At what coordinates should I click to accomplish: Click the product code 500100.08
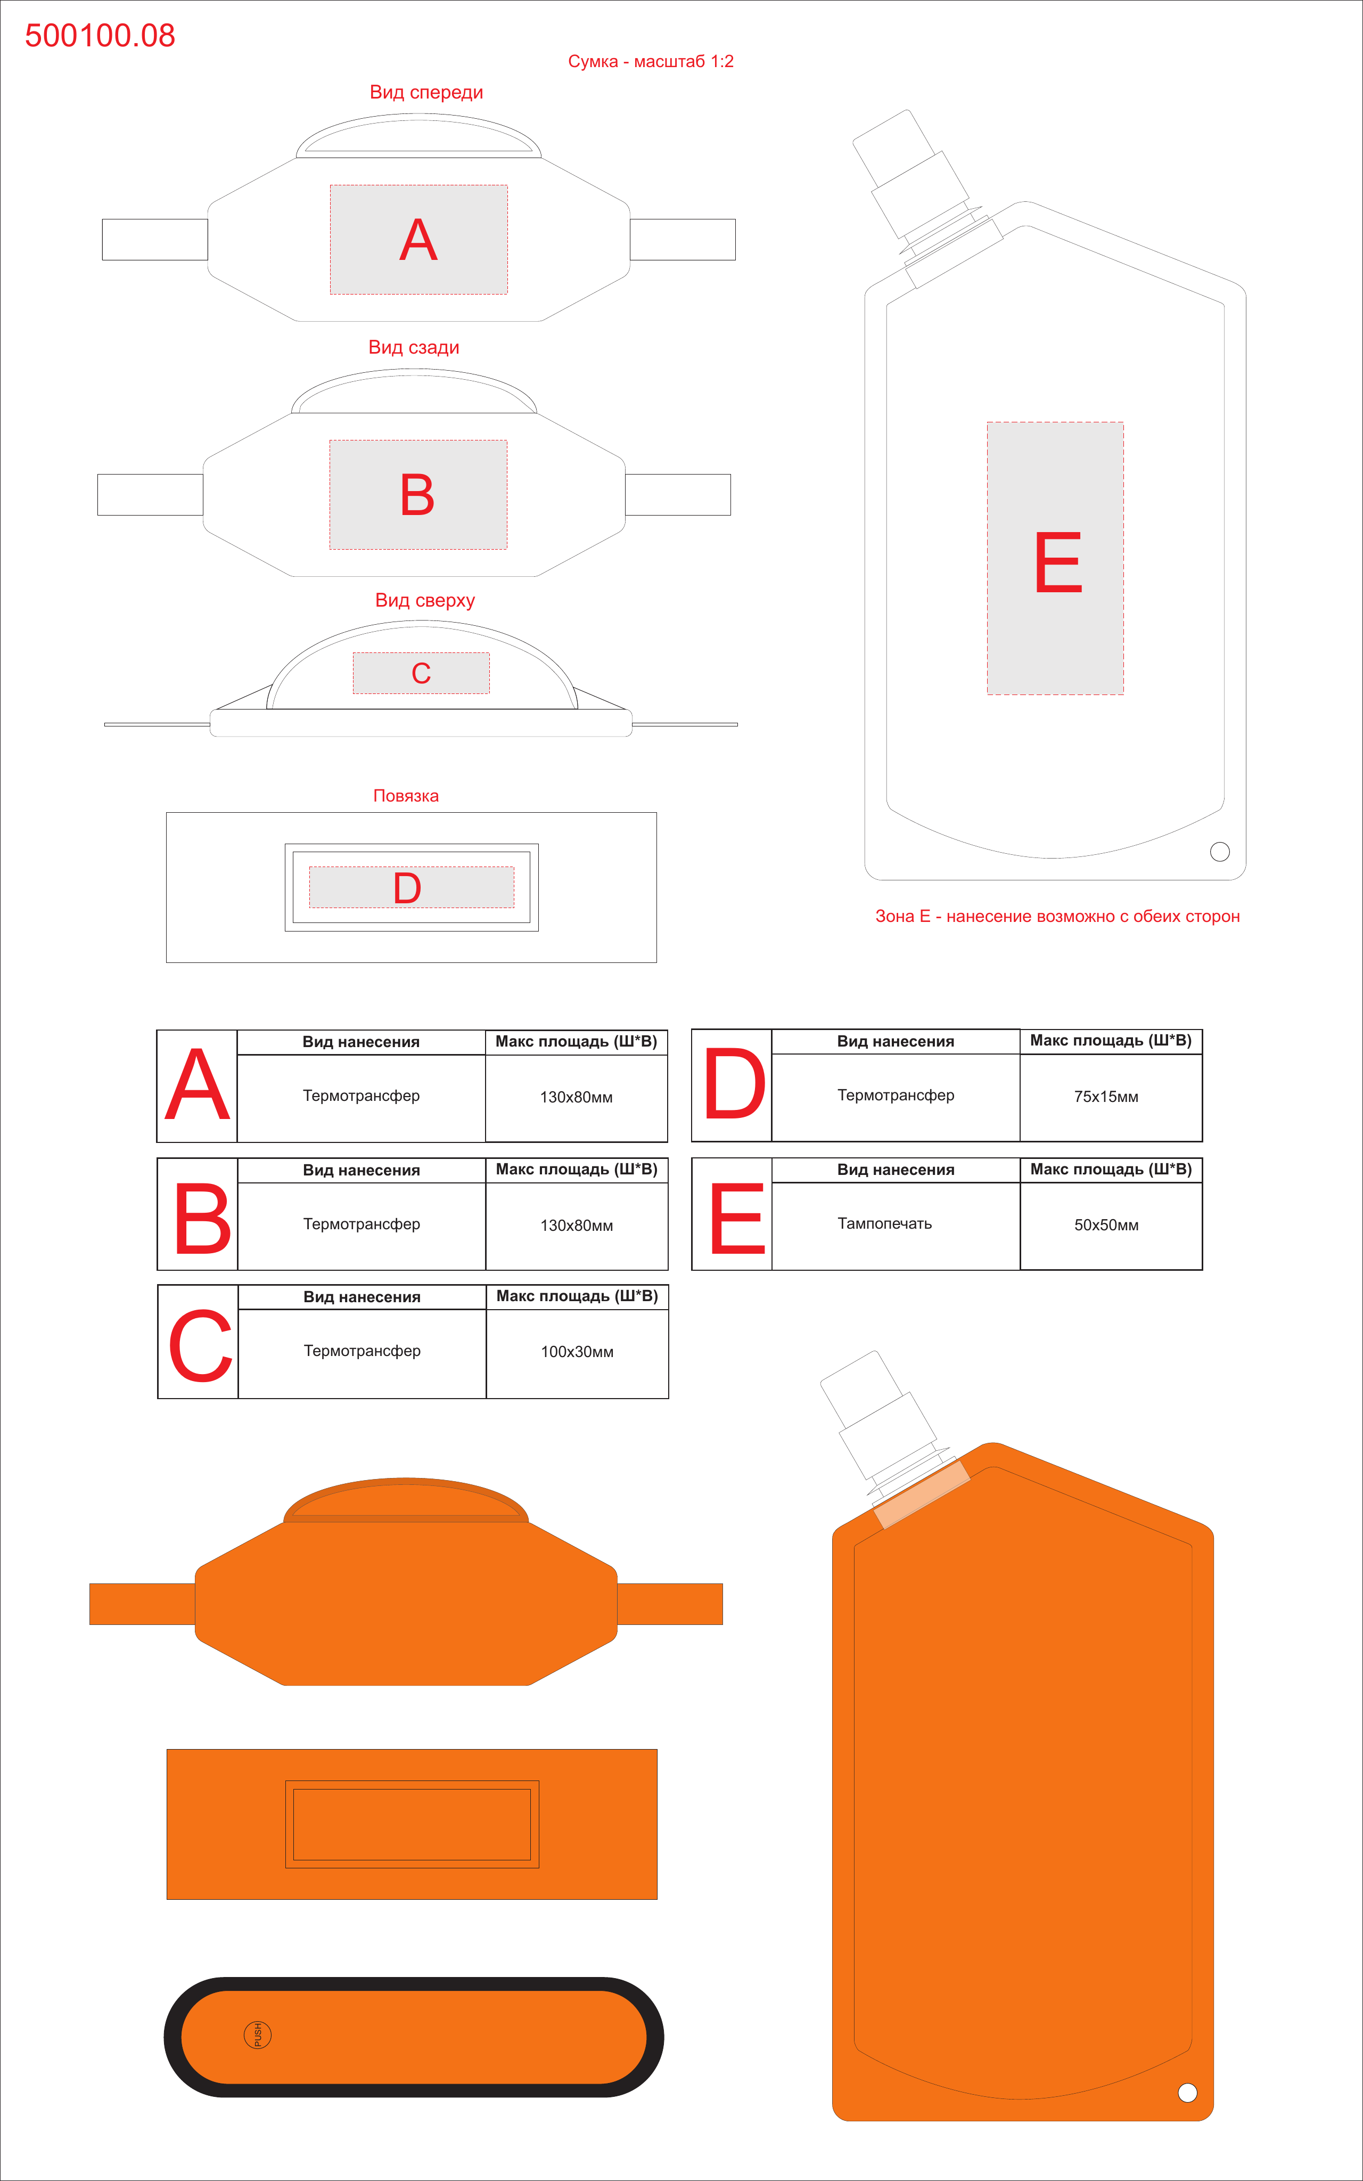(x=100, y=35)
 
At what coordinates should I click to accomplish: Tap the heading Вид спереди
(x=426, y=92)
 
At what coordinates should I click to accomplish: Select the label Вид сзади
(x=414, y=347)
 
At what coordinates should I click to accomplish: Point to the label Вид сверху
(x=424, y=600)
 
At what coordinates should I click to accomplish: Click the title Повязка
(x=406, y=795)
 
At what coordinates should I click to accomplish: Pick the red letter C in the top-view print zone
(x=421, y=673)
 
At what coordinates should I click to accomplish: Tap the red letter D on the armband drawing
(x=407, y=888)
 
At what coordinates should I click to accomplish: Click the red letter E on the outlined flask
(x=1058, y=562)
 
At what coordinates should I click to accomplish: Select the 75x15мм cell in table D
(x=1106, y=1097)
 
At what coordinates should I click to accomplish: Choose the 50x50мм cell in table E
(x=1106, y=1224)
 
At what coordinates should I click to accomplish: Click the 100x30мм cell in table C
(x=577, y=1352)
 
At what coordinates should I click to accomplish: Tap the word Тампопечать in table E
(x=884, y=1223)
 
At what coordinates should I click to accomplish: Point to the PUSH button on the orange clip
(x=258, y=2035)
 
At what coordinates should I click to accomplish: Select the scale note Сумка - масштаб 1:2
(x=651, y=61)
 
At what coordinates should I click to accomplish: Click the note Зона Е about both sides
(x=1057, y=916)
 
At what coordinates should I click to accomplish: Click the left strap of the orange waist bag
(x=143, y=1604)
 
